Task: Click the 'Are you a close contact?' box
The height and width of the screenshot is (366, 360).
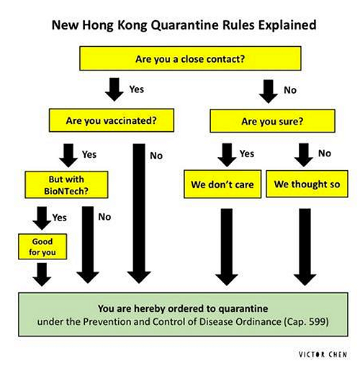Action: (x=190, y=58)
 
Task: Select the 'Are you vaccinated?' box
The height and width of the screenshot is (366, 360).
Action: (x=112, y=120)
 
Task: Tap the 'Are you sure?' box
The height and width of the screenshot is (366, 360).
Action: (x=272, y=121)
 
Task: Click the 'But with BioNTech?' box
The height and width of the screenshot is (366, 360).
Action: (x=66, y=184)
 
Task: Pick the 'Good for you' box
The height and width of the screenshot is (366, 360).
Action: (x=42, y=246)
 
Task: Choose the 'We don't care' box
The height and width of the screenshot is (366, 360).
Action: (x=222, y=184)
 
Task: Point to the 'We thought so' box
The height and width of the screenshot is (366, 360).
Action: (x=307, y=184)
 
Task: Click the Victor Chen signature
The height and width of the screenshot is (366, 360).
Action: (x=323, y=354)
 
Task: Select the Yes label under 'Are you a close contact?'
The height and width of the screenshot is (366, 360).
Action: (x=137, y=89)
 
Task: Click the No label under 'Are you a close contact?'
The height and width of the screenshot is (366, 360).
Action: (x=290, y=90)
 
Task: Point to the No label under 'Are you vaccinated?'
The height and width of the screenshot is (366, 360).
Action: (x=156, y=156)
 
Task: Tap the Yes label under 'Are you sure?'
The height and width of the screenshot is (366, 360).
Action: (x=247, y=153)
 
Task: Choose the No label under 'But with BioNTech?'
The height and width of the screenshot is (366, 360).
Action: (x=104, y=217)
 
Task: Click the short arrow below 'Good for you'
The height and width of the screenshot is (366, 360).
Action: (x=42, y=274)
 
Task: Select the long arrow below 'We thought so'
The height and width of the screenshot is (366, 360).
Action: (x=305, y=247)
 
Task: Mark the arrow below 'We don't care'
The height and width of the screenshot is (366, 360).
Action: (x=227, y=247)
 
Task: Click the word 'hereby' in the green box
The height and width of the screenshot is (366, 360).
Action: (x=150, y=308)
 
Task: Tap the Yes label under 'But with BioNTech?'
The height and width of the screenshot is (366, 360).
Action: (x=60, y=218)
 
